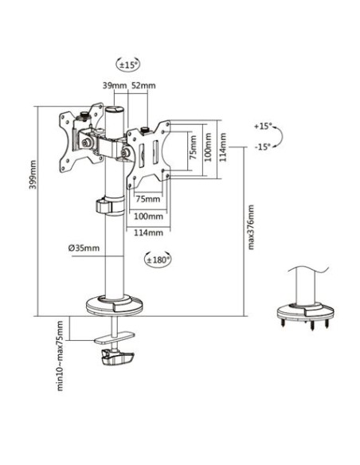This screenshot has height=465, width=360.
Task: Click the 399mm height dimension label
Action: (33, 174)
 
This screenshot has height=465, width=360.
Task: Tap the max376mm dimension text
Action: (251, 227)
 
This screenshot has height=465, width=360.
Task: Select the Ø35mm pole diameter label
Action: (84, 248)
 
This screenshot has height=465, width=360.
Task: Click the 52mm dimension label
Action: (143, 86)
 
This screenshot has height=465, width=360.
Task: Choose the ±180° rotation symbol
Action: (158, 260)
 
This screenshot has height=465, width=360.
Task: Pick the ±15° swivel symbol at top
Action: (127, 64)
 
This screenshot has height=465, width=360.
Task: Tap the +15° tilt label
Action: (263, 126)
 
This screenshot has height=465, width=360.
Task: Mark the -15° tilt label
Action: (263, 147)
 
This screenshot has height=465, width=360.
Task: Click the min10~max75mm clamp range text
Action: (60, 356)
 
